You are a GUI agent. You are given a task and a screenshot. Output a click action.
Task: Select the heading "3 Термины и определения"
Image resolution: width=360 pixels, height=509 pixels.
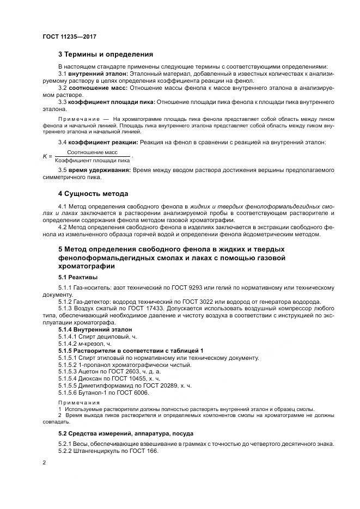[x=106, y=54]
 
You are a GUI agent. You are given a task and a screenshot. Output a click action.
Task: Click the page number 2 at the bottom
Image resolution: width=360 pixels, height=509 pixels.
[x=44, y=463]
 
